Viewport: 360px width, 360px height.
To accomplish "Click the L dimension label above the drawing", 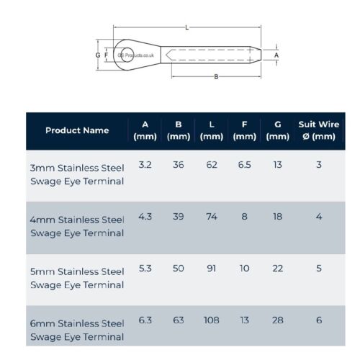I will (187, 27).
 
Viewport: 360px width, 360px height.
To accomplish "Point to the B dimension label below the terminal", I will (216, 77).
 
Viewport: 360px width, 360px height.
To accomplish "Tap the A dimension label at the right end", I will (276, 54).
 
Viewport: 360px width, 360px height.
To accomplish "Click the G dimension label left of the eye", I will (97, 54).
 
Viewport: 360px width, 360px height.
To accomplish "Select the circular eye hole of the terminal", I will (127, 53).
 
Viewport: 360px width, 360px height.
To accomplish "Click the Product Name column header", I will (77, 130).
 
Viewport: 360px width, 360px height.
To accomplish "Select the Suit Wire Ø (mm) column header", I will (318, 130).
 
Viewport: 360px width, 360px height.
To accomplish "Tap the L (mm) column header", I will (211, 130).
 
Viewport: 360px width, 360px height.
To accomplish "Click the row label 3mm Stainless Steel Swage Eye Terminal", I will (78, 174).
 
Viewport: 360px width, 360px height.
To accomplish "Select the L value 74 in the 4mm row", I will (212, 216).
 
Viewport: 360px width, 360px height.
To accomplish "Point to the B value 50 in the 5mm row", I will (178, 268).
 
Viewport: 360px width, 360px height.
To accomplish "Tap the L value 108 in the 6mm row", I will (211, 320).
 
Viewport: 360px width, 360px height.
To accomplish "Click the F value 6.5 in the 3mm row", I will (245, 164).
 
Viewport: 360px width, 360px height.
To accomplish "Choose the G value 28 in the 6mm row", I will (277, 320).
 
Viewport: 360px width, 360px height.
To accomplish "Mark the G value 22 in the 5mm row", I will (277, 268).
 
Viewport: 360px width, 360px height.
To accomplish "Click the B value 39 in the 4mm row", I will (178, 216).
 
